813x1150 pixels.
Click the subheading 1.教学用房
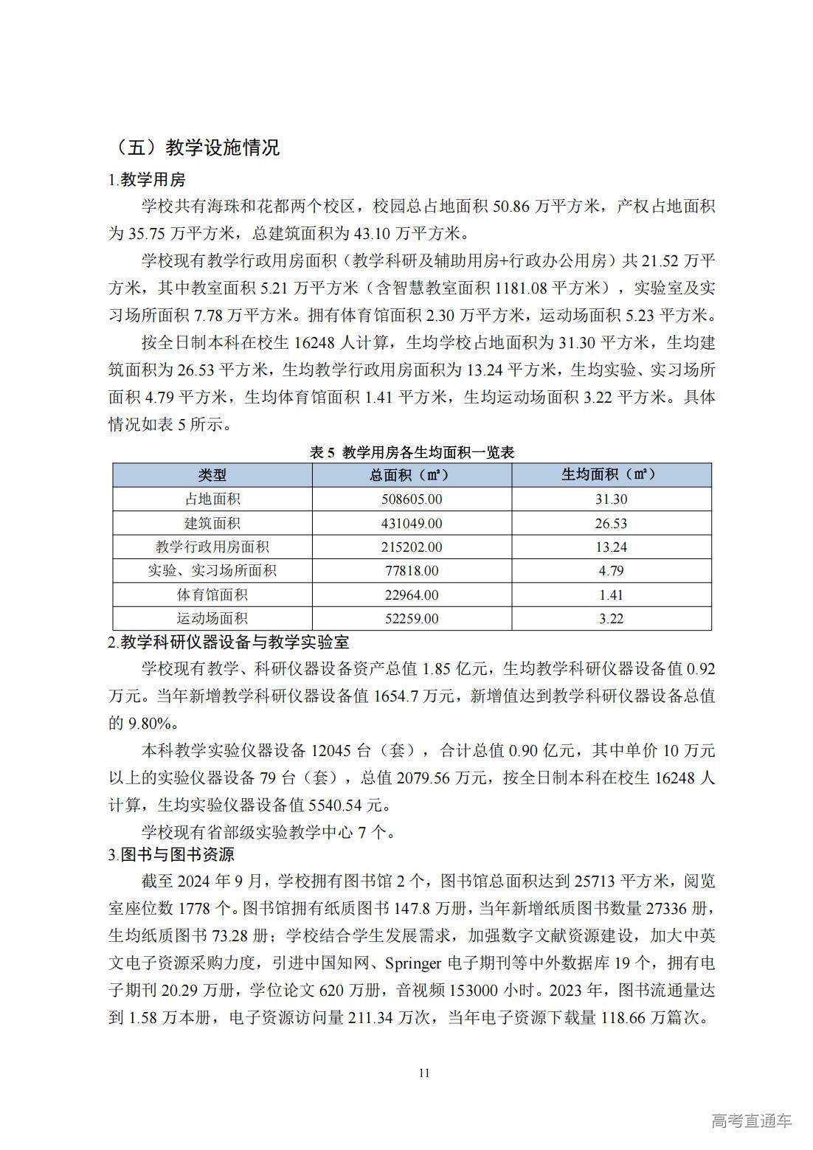(147, 179)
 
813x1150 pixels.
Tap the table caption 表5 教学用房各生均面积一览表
(412, 452)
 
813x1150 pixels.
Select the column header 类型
(212, 475)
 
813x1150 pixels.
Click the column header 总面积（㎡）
(412, 475)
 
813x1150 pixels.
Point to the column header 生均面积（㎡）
(611, 474)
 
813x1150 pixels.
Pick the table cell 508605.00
(412, 499)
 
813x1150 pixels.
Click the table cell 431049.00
(412, 523)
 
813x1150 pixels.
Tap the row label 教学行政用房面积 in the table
(212, 547)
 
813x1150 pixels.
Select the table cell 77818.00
(412, 571)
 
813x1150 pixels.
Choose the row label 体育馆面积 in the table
(212, 595)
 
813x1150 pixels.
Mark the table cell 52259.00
(412, 619)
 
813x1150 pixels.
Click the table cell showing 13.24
(611, 547)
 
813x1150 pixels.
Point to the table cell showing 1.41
(611, 595)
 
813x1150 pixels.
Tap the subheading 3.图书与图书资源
(171, 855)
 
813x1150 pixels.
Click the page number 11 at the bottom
(423, 1073)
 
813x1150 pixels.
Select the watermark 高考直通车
(752, 1120)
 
